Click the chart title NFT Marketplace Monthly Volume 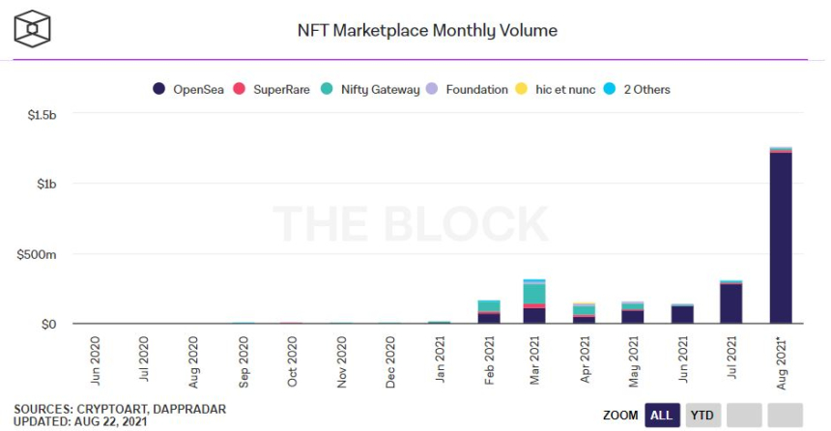click(427, 30)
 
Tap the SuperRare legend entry click(280, 89)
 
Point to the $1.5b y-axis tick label click(41, 115)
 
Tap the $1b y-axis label click(45, 185)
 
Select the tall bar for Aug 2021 click(781, 237)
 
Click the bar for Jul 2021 click(731, 302)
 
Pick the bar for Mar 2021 click(534, 302)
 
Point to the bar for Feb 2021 click(489, 311)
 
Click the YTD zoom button click(702, 415)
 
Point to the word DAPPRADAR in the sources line click(189, 409)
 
